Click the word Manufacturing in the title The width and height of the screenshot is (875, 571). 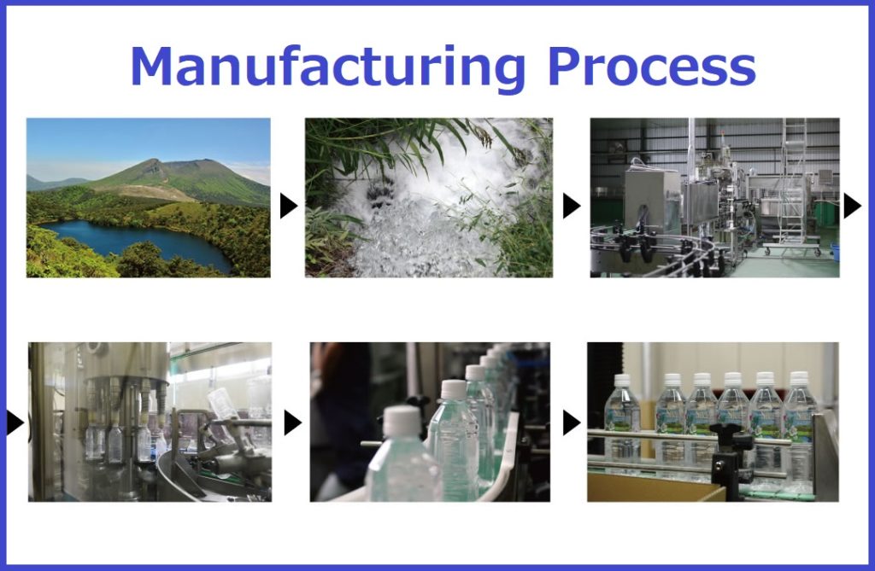point(327,67)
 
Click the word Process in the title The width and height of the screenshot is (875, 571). point(652,67)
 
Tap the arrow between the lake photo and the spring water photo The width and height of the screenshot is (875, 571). point(288,206)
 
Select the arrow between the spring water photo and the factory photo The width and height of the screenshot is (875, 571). point(572,206)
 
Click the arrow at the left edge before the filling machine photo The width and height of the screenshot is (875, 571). point(15,422)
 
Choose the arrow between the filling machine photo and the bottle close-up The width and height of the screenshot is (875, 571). point(292,422)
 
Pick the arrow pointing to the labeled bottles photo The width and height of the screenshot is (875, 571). point(572,422)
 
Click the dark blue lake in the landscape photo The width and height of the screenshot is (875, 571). point(139,241)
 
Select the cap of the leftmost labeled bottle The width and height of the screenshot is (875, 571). point(622,381)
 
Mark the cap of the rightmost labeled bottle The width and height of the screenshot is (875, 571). point(799,379)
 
